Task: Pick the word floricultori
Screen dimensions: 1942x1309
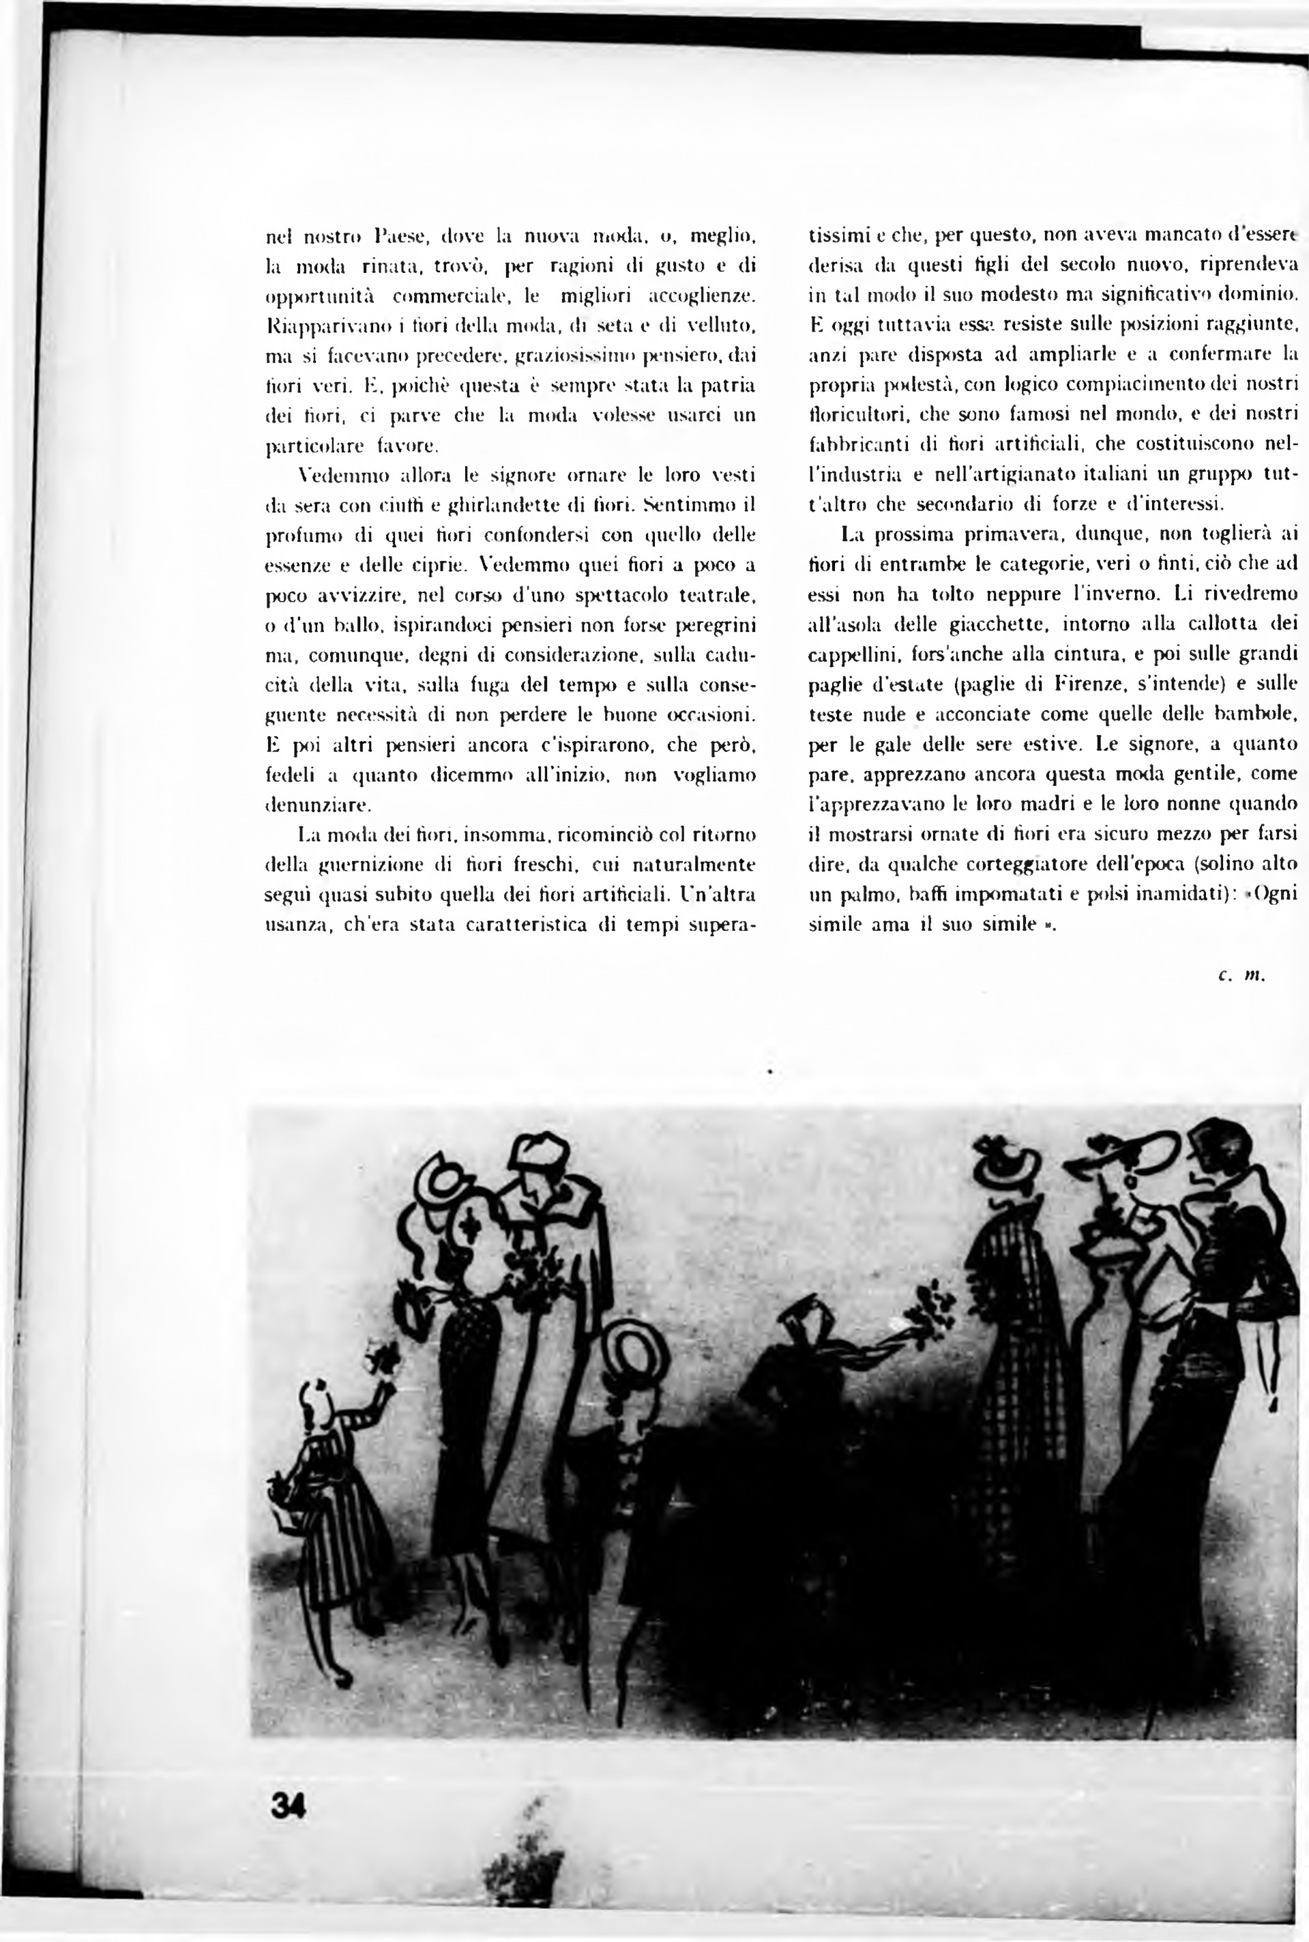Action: pyautogui.click(x=857, y=414)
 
